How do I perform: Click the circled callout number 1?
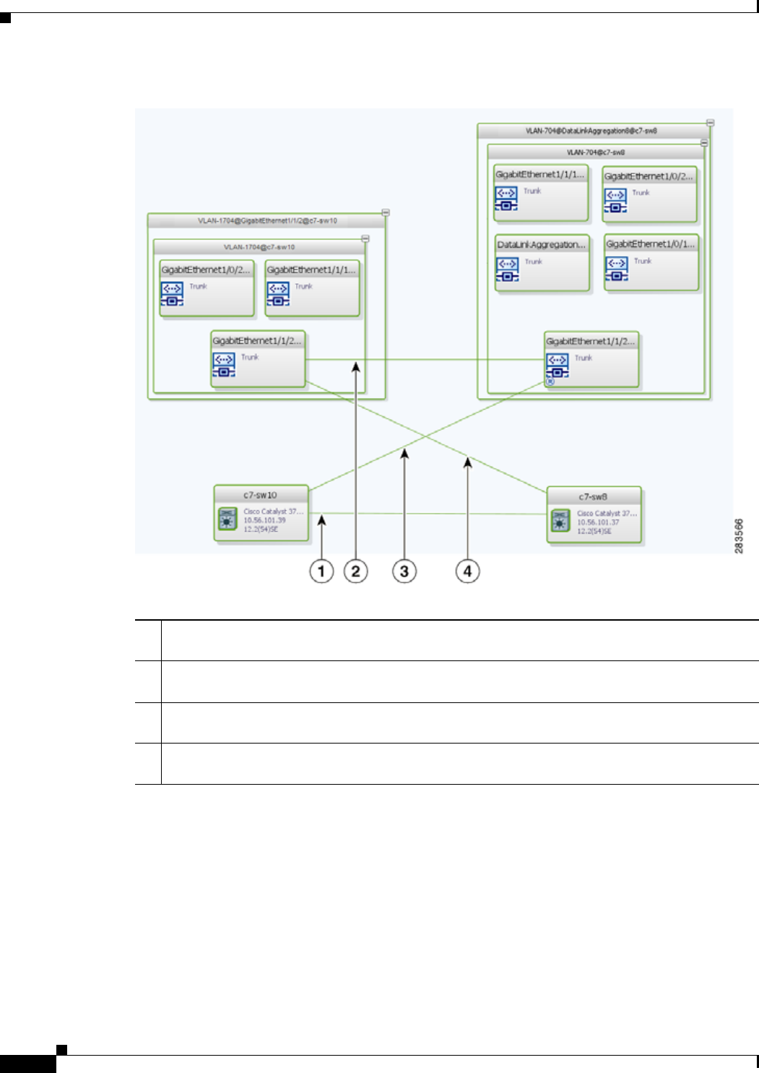click(321, 572)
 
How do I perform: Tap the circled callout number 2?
click(355, 572)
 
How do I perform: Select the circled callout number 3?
click(404, 572)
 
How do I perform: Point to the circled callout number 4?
click(467, 572)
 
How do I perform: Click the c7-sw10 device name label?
click(260, 495)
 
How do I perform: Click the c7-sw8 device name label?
click(593, 496)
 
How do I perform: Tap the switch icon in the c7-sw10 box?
click(227, 519)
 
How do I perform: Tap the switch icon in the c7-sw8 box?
click(560, 520)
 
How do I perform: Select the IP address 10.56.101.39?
click(264, 520)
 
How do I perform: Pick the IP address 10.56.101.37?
click(598, 522)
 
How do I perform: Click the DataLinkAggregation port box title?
click(542, 245)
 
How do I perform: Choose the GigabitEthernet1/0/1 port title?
click(651, 244)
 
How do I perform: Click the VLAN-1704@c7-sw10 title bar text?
click(259, 247)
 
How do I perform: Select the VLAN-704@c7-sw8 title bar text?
click(596, 152)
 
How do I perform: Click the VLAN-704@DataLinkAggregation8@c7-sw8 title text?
click(591, 132)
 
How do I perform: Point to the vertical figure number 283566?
click(739, 536)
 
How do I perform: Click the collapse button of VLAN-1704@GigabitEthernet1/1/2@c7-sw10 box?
click(386, 213)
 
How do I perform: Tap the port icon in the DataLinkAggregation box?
click(507, 269)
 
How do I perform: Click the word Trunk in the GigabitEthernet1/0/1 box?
click(643, 261)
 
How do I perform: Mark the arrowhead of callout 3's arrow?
click(404, 452)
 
